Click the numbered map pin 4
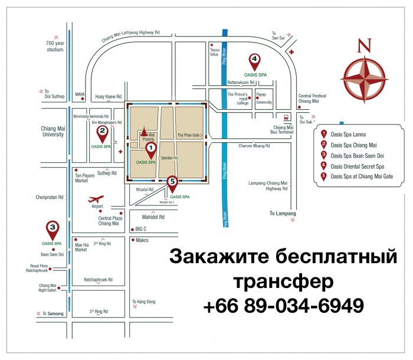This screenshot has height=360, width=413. pyautogui.click(x=254, y=60)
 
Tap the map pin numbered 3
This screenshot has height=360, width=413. pyautogui.click(x=53, y=228)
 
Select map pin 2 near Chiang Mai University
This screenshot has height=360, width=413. pyautogui.click(x=102, y=133)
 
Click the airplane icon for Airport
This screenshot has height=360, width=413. pyautogui.click(x=96, y=199)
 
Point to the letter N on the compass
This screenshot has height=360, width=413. pyautogui.click(x=366, y=45)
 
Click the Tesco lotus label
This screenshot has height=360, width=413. pyautogui.click(x=215, y=53)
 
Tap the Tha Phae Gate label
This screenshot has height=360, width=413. pyautogui.click(x=189, y=135)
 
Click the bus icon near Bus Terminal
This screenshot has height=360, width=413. pyautogui.click(x=286, y=117)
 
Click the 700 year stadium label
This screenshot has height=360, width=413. pyautogui.click(x=54, y=47)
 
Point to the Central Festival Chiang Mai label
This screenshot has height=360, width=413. pyautogui.click(x=312, y=99)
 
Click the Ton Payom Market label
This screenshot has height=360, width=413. pyautogui.click(x=85, y=178)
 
